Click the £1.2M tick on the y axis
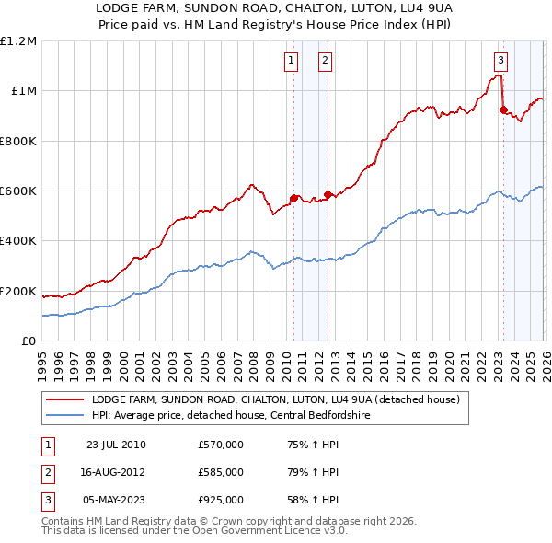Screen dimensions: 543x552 click(18, 41)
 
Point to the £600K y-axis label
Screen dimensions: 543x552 click(18, 191)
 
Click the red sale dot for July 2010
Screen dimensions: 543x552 click(294, 198)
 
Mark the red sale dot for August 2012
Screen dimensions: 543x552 click(328, 194)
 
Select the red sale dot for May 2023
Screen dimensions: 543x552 click(503, 110)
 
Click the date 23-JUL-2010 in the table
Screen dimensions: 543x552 click(116, 445)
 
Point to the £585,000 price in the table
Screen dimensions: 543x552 click(221, 472)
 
